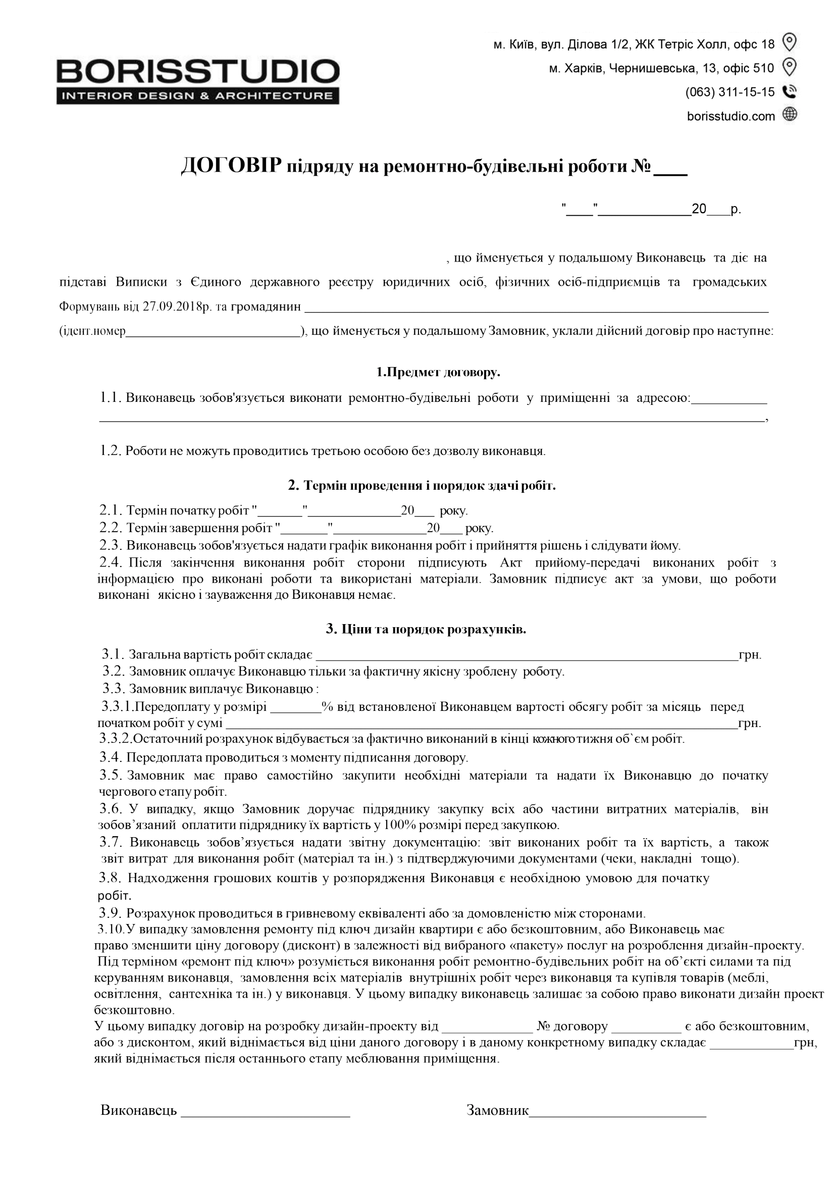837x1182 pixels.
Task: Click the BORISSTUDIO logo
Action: coord(198,81)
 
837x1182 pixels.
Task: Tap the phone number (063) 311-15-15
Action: coord(730,92)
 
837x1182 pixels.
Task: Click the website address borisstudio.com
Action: coord(731,117)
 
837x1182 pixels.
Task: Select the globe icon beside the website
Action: coord(790,114)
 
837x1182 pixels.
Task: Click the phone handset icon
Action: coord(790,92)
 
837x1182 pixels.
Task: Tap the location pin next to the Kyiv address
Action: coord(790,42)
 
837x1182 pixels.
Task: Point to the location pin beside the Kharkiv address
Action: coord(790,67)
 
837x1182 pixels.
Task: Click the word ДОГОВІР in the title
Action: coord(231,167)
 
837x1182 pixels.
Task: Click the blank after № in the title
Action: coord(670,170)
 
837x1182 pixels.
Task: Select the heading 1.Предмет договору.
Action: coord(438,372)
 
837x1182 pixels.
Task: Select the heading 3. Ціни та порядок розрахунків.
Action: coord(426,629)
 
